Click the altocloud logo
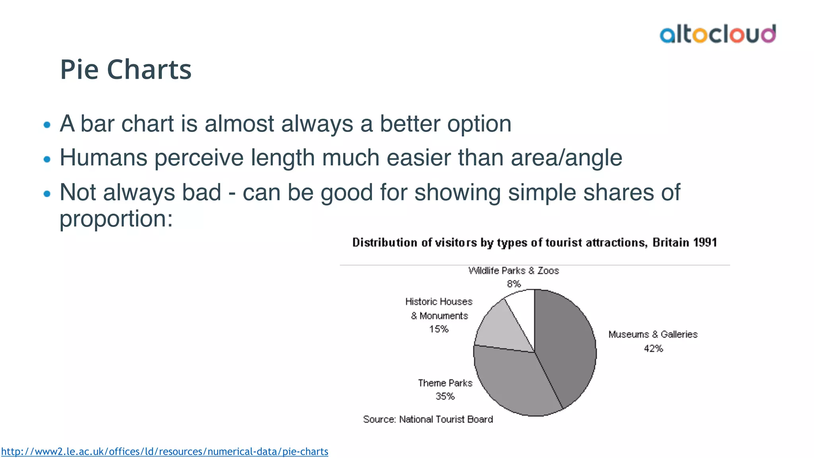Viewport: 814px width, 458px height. [717, 34]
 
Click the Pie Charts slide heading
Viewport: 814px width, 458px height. [126, 70]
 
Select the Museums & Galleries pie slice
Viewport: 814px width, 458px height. [566, 346]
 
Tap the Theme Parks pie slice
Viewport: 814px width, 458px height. [513, 382]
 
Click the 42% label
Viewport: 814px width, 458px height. [653, 349]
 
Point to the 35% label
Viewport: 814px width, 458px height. [445, 396]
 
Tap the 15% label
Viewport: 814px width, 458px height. [438, 329]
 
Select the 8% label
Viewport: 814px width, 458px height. [514, 284]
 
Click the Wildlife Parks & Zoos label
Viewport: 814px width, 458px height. [514, 271]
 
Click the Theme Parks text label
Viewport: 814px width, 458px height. [445, 383]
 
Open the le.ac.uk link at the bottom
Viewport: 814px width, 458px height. [165, 452]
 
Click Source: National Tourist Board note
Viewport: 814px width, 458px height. [428, 419]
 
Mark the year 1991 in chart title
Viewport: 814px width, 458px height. [705, 243]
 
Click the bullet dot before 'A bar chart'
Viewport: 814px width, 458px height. [47, 125]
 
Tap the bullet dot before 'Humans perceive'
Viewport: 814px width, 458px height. [47, 159]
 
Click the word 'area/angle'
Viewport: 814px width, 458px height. [566, 158]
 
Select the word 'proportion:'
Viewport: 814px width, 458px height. [116, 219]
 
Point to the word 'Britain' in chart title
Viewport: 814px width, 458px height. [671, 243]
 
